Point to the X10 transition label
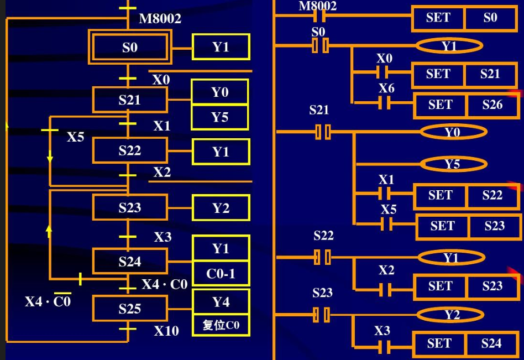[x=166, y=331]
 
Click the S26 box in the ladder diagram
[x=492, y=105]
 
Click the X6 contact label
[x=387, y=88]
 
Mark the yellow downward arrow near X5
[x=50, y=156]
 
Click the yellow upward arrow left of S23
[x=49, y=231]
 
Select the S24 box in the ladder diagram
[x=491, y=343]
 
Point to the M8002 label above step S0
[x=160, y=18]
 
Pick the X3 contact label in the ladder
[x=382, y=331]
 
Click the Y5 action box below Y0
[x=220, y=117]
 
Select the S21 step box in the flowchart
[x=130, y=100]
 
